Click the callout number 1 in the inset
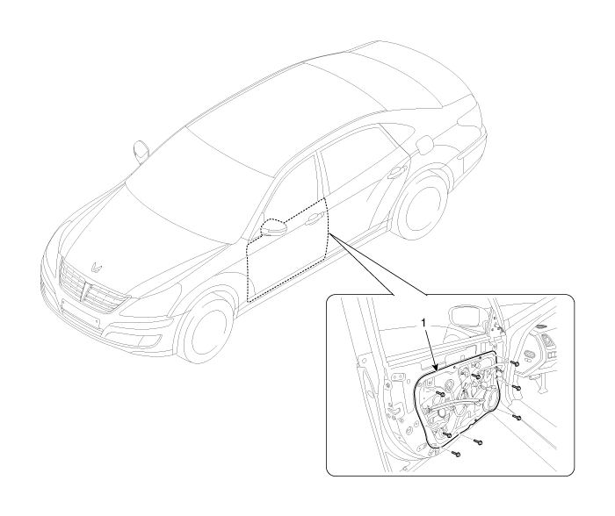pos(423,322)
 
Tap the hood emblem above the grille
pos(96,268)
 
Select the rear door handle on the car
pos(397,172)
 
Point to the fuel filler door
pos(424,146)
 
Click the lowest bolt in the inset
pos(456,454)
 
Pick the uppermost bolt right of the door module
pos(516,363)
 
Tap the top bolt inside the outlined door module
pos(476,376)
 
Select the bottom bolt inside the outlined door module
pos(446,434)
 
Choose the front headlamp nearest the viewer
pos(151,301)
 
